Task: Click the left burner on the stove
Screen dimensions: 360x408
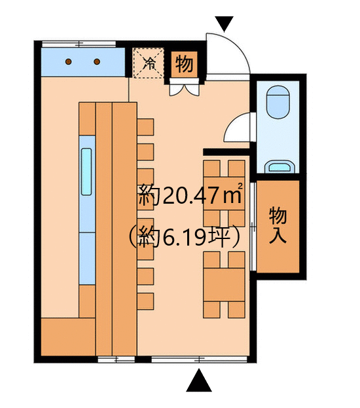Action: pyautogui.click(x=69, y=62)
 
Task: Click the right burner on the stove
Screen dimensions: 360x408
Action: pyautogui.click(x=97, y=62)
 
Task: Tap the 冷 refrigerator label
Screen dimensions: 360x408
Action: pyautogui.click(x=149, y=64)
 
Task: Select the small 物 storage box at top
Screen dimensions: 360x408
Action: pyautogui.click(x=184, y=64)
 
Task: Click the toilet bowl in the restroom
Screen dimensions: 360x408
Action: pyautogui.click(x=278, y=102)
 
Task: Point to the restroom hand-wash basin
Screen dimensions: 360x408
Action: pyautogui.click(x=279, y=166)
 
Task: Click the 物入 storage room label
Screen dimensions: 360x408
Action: pyautogui.click(x=278, y=225)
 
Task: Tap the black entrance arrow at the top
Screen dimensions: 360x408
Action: pyautogui.click(x=225, y=24)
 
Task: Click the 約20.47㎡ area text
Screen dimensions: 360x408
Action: pyautogui.click(x=190, y=195)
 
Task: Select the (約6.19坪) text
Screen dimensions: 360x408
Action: pyautogui.click(x=184, y=237)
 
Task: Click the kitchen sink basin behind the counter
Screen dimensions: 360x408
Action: pyautogui.click(x=86, y=172)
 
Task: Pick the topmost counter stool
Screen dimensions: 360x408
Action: pyautogui.click(x=145, y=127)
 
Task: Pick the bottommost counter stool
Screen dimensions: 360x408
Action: pyautogui.click(x=145, y=301)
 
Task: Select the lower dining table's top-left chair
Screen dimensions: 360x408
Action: pyautogui.click(x=211, y=260)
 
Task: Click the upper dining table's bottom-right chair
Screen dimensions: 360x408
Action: pyautogui.click(x=237, y=218)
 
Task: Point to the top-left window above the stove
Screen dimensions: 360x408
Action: pyautogui.click(x=79, y=44)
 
